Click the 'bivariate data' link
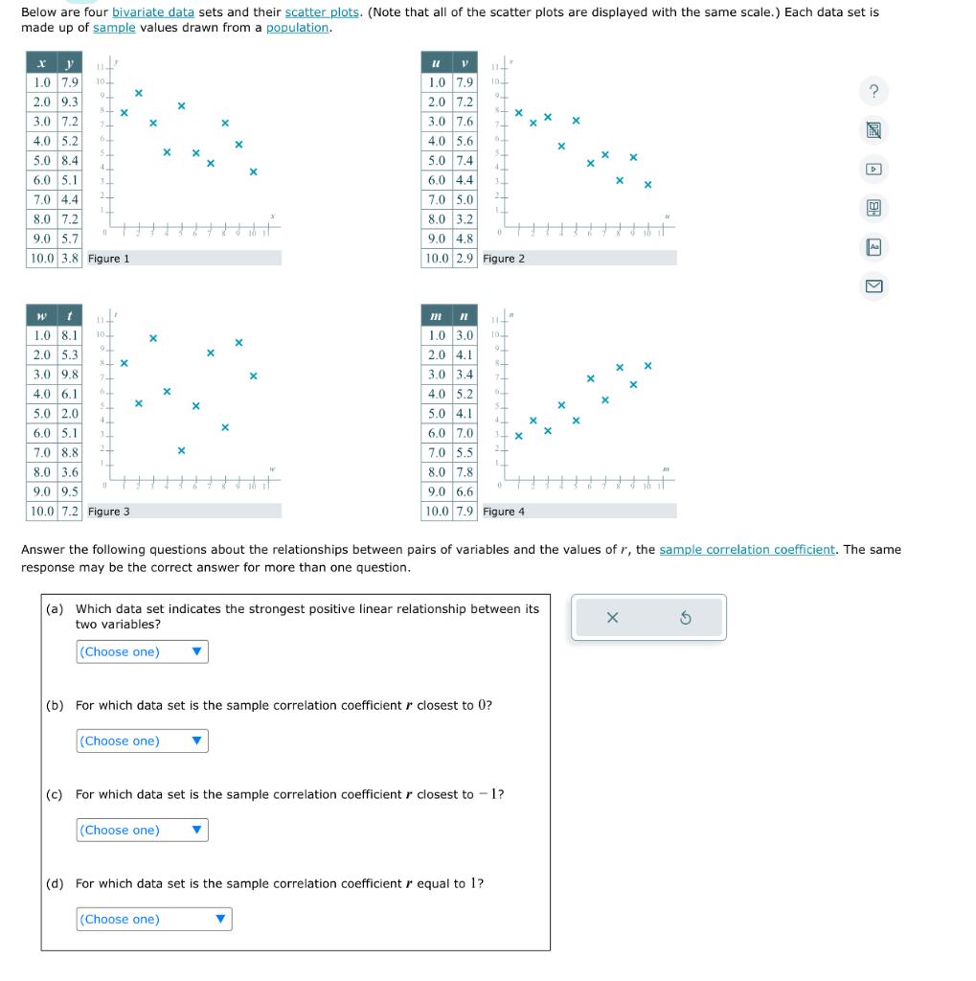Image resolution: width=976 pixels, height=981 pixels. (153, 12)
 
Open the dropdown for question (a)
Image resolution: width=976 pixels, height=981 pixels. (142, 652)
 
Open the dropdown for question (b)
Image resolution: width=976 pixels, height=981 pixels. (142, 741)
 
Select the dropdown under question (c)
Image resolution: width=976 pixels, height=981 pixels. (142, 831)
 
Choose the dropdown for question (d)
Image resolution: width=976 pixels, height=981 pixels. (153, 920)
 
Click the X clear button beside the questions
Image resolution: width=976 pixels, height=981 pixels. (613, 619)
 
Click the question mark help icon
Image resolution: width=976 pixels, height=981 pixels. (874, 91)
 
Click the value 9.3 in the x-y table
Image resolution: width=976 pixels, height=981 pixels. (70, 102)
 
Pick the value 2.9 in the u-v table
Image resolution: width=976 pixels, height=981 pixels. (464, 259)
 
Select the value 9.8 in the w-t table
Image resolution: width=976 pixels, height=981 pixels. (70, 375)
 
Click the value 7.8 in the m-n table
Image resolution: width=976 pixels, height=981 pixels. (464, 472)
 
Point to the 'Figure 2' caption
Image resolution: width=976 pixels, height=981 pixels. (504, 259)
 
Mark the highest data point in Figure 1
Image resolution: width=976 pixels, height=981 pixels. (138, 93)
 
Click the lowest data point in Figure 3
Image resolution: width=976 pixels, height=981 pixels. (181, 450)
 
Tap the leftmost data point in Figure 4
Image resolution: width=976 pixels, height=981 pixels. (519, 437)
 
